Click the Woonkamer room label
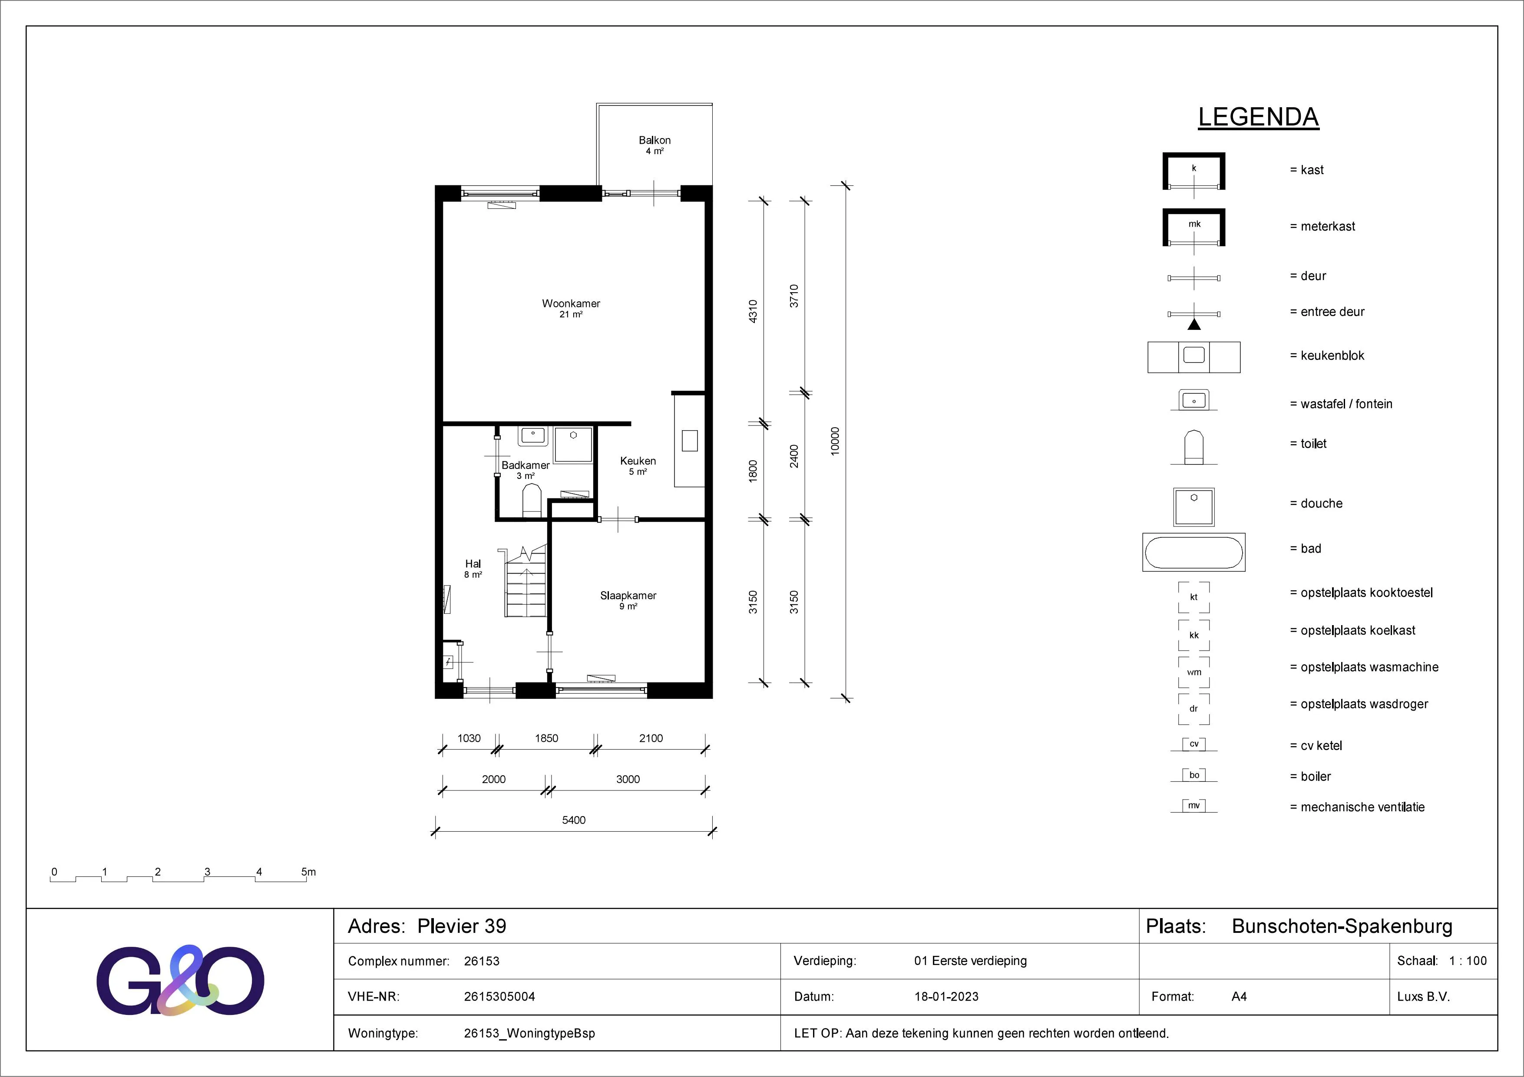[571, 304]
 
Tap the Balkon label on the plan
[655, 140]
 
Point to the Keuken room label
[638, 461]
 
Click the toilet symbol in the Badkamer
[532, 501]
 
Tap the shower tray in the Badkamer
[573, 445]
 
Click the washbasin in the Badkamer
[532, 436]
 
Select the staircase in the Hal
[526, 581]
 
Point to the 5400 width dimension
[573, 820]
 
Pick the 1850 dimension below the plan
[546, 738]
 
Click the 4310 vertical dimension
[753, 311]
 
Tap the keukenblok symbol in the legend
[1193, 357]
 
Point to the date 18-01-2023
[946, 997]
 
